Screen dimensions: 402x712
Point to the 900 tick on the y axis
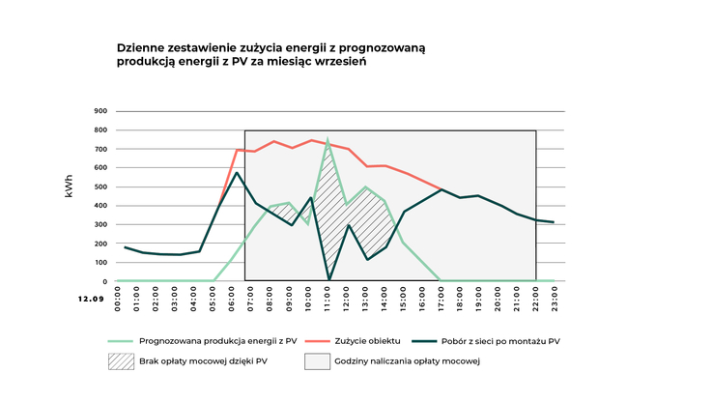coord(100,111)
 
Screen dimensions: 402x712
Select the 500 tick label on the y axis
coord(100,187)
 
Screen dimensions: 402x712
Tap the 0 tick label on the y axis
coord(104,281)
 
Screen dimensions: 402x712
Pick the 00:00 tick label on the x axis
coord(119,298)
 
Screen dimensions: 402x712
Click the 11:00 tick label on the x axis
coord(328,298)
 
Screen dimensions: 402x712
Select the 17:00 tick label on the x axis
coord(441,298)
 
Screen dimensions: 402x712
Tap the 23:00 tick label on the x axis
coord(554,298)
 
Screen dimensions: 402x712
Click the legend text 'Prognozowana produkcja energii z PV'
coord(218,341)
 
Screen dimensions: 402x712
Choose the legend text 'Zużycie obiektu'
coord(371,341)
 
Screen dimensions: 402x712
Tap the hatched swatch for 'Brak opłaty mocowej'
coord(122,361)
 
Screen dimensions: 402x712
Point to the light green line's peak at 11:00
coord(328,140)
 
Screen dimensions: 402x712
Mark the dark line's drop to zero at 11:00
coord(328,280)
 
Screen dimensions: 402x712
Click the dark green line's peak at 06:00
coord(237,173)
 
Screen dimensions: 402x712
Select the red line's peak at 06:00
coord(238,150)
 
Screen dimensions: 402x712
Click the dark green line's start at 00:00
coord(124,247)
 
